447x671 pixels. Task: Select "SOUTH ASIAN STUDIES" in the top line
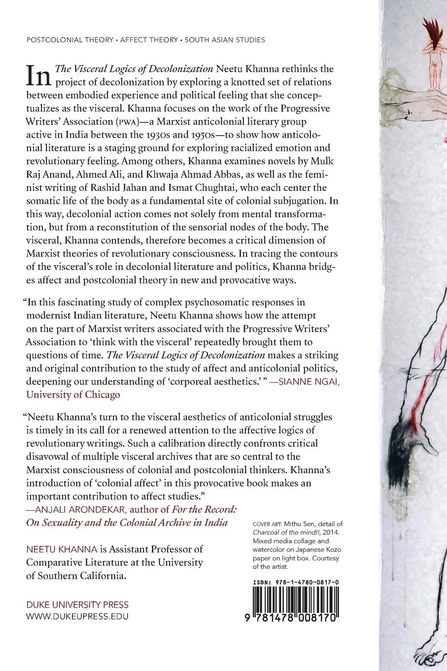[x=225, y=40]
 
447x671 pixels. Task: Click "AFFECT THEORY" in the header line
[x=148, y=40]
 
